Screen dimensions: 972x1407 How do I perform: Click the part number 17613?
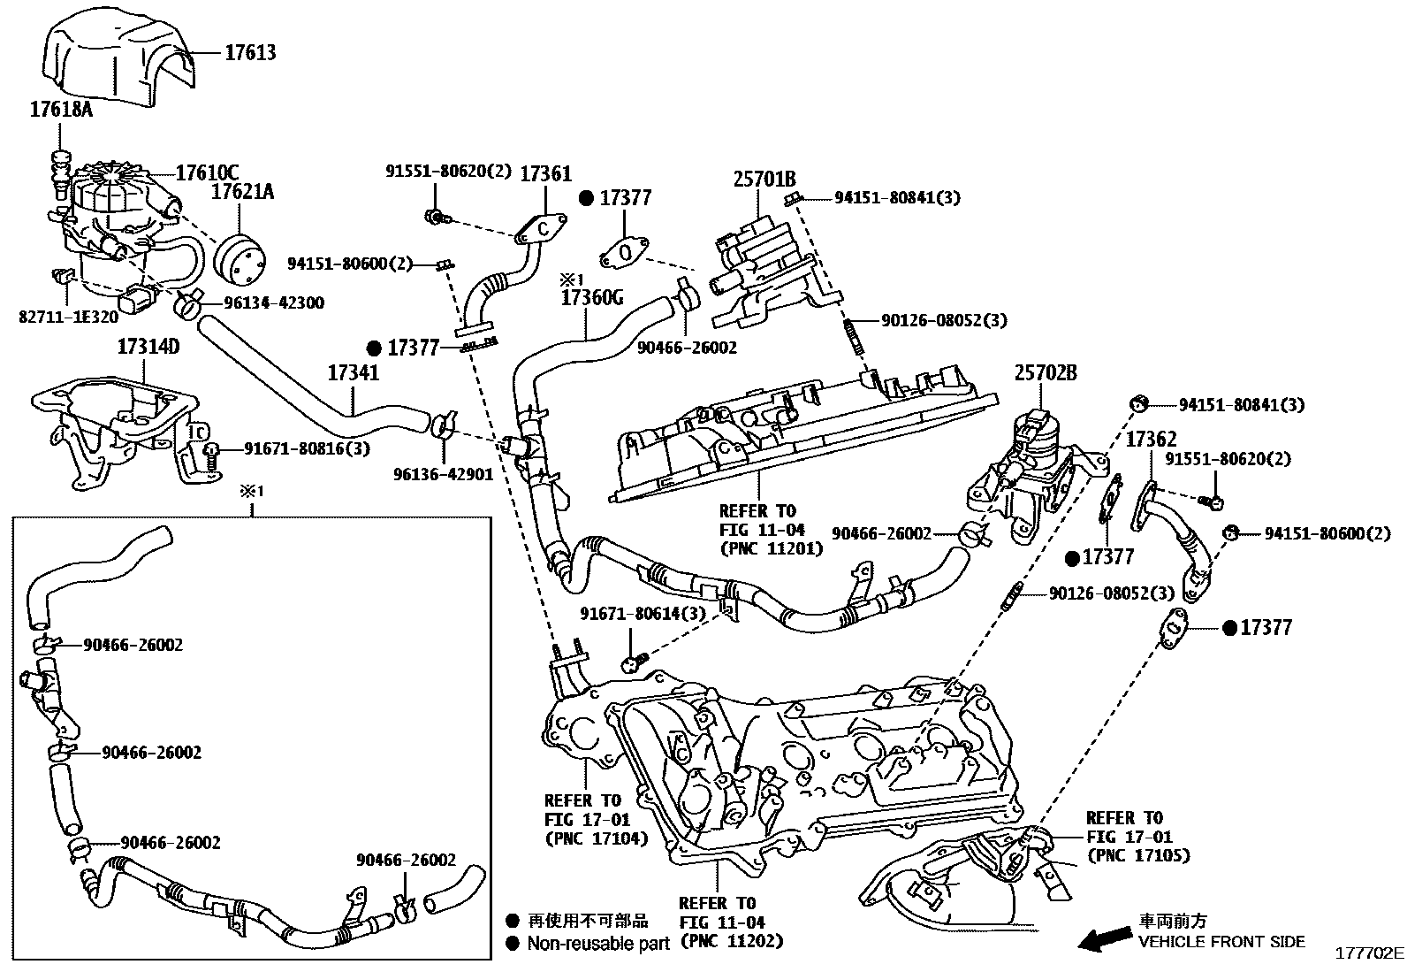click(x=249, y=53)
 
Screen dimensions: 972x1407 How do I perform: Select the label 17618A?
click(x=61, y=110)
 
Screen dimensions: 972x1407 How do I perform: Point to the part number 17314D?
click(x=148, y=346)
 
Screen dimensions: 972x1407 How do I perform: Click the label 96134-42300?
click(x=274, y=302)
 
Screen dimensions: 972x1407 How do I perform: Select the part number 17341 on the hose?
click(x=354, y=373)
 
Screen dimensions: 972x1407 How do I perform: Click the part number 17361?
click(x=544, y=174)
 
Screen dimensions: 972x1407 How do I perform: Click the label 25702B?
click(x=1046, y=373)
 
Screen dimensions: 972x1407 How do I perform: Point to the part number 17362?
click(x=1151, y=440)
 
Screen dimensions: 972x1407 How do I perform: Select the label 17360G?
click(x=592, y=298)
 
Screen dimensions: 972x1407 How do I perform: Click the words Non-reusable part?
click(x=598, y=944)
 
